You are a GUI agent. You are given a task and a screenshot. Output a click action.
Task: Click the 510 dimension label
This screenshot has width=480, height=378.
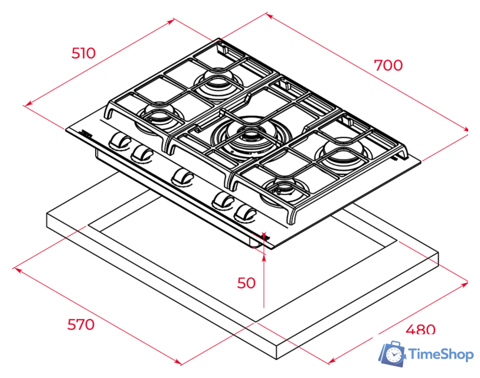click(x=83, y=53)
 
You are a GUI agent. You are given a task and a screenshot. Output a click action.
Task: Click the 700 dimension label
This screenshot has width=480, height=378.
click(x=388, y=65)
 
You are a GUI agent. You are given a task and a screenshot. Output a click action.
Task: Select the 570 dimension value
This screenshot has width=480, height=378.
click(x=81, y=324)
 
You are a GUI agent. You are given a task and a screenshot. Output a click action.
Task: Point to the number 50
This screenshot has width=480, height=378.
click(x=246, y=283)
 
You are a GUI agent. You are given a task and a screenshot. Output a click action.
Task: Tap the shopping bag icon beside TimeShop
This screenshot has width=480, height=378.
click(x=392, y=353)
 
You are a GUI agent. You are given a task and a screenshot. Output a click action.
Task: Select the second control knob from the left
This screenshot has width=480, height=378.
click(x=142, y=154)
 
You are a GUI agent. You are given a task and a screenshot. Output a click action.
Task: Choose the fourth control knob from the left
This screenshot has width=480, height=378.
click(x=223, y=201)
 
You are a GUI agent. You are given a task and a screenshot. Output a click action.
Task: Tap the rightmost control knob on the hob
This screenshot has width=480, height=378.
click(x=244, y=211)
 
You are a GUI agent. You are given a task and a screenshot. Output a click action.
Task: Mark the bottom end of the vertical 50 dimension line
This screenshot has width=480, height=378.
click(x=263, y=306)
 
